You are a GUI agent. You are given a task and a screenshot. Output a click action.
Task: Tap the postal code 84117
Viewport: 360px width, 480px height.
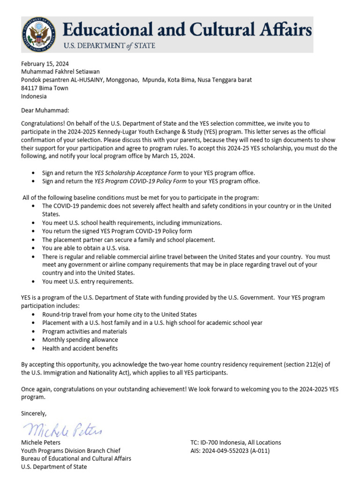pos(30,88)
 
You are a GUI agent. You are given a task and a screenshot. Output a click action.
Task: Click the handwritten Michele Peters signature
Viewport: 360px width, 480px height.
pos(62,429)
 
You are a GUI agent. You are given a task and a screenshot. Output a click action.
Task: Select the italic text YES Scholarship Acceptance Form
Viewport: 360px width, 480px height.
pos(138,173)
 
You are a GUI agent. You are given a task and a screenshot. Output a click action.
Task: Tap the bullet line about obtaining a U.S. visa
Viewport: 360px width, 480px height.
pos(86,248)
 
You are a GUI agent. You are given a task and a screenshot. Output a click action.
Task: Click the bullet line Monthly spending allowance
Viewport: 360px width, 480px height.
pos(80,340)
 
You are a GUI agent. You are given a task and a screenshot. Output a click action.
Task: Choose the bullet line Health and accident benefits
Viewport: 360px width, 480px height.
pos(80,348)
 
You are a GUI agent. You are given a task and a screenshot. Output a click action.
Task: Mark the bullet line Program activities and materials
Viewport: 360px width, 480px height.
pos(84,331)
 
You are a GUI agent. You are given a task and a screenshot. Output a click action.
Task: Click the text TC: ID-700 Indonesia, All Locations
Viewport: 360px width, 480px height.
pos(236,442)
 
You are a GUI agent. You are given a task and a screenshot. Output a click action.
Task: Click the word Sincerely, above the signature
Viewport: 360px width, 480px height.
pos(34,413)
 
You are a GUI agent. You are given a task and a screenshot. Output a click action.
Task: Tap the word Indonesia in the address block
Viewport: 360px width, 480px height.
pos(34,96)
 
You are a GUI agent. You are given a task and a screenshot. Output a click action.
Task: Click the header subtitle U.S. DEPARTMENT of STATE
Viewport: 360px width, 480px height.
pos(109,46)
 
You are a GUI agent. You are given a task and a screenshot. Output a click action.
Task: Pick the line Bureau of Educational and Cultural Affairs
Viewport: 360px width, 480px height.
pos(76,458)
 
